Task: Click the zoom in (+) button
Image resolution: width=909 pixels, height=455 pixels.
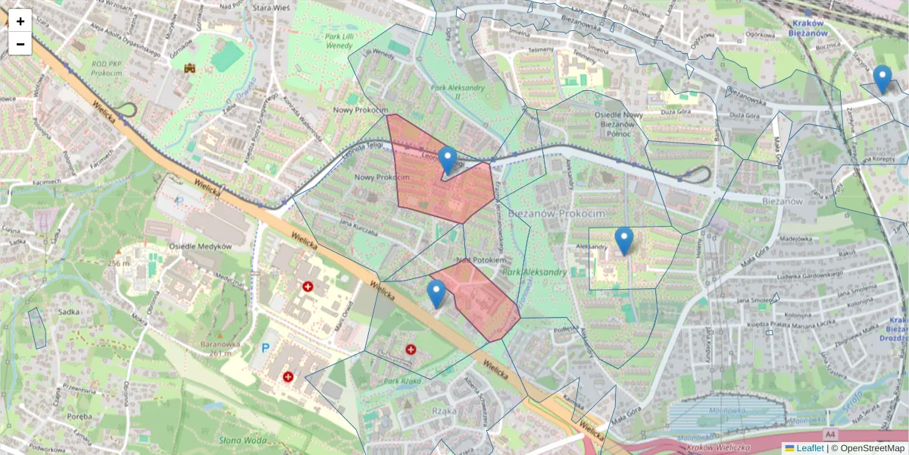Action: point(20,21)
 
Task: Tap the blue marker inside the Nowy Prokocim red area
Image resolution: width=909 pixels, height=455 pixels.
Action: point(448,160)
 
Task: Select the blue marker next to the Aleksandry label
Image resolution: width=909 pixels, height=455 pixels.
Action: point(623,240)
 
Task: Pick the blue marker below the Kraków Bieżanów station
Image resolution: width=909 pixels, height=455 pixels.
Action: point(882,79)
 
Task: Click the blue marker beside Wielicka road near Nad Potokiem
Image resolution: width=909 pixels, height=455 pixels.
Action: point(436,293)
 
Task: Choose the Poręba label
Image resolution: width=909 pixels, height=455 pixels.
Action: point(79,416)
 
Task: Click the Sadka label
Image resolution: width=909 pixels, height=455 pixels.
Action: point(69,311)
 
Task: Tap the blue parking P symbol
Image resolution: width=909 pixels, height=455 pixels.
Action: point(265,348)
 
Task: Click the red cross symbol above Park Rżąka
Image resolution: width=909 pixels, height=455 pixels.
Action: point(411,350)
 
